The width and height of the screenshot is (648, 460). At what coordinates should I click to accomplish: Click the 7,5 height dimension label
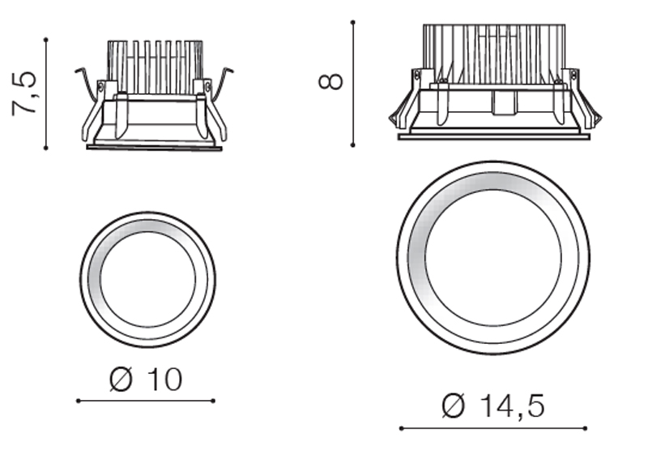point(24,94)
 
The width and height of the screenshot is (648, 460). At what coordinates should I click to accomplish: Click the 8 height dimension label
point(330,81)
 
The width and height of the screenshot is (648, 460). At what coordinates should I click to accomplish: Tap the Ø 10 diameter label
point(146,379)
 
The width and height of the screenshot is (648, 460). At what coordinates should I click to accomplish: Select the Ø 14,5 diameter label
point(493,406)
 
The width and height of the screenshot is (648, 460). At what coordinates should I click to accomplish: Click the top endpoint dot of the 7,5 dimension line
point(46,40)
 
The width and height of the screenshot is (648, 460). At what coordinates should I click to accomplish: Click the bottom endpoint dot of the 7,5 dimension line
point(46,148)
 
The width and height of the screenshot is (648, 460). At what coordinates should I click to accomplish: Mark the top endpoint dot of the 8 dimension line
point(352,22)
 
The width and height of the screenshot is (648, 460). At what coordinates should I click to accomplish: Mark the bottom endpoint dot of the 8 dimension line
point(352,145)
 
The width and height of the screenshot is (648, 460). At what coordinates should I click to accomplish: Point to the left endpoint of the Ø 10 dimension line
point(79,401)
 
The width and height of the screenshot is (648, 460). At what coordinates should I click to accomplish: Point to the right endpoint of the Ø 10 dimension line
point(213,401)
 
